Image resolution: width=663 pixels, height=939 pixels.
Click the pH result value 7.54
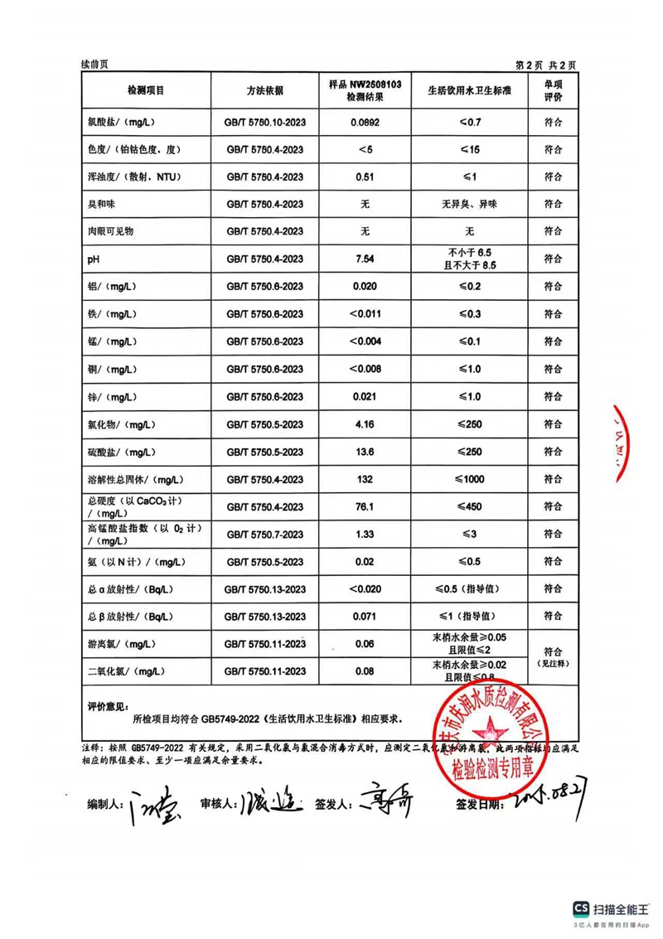(x=365, y=259)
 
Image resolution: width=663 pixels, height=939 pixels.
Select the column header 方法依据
(x=264, y=90)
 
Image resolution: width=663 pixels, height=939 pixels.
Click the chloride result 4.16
(x=365, y=425)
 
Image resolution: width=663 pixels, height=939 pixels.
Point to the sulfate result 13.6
(x=365, y=453)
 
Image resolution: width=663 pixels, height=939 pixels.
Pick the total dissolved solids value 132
(x=365, y=480)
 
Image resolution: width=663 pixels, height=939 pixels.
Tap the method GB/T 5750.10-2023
(x=265, y=123)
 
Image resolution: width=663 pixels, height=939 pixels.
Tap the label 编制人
(x=105, y=803)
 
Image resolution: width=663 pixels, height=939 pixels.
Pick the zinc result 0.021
(x=365, y=397)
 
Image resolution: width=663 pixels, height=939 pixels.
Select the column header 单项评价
(x=553, y=90)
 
